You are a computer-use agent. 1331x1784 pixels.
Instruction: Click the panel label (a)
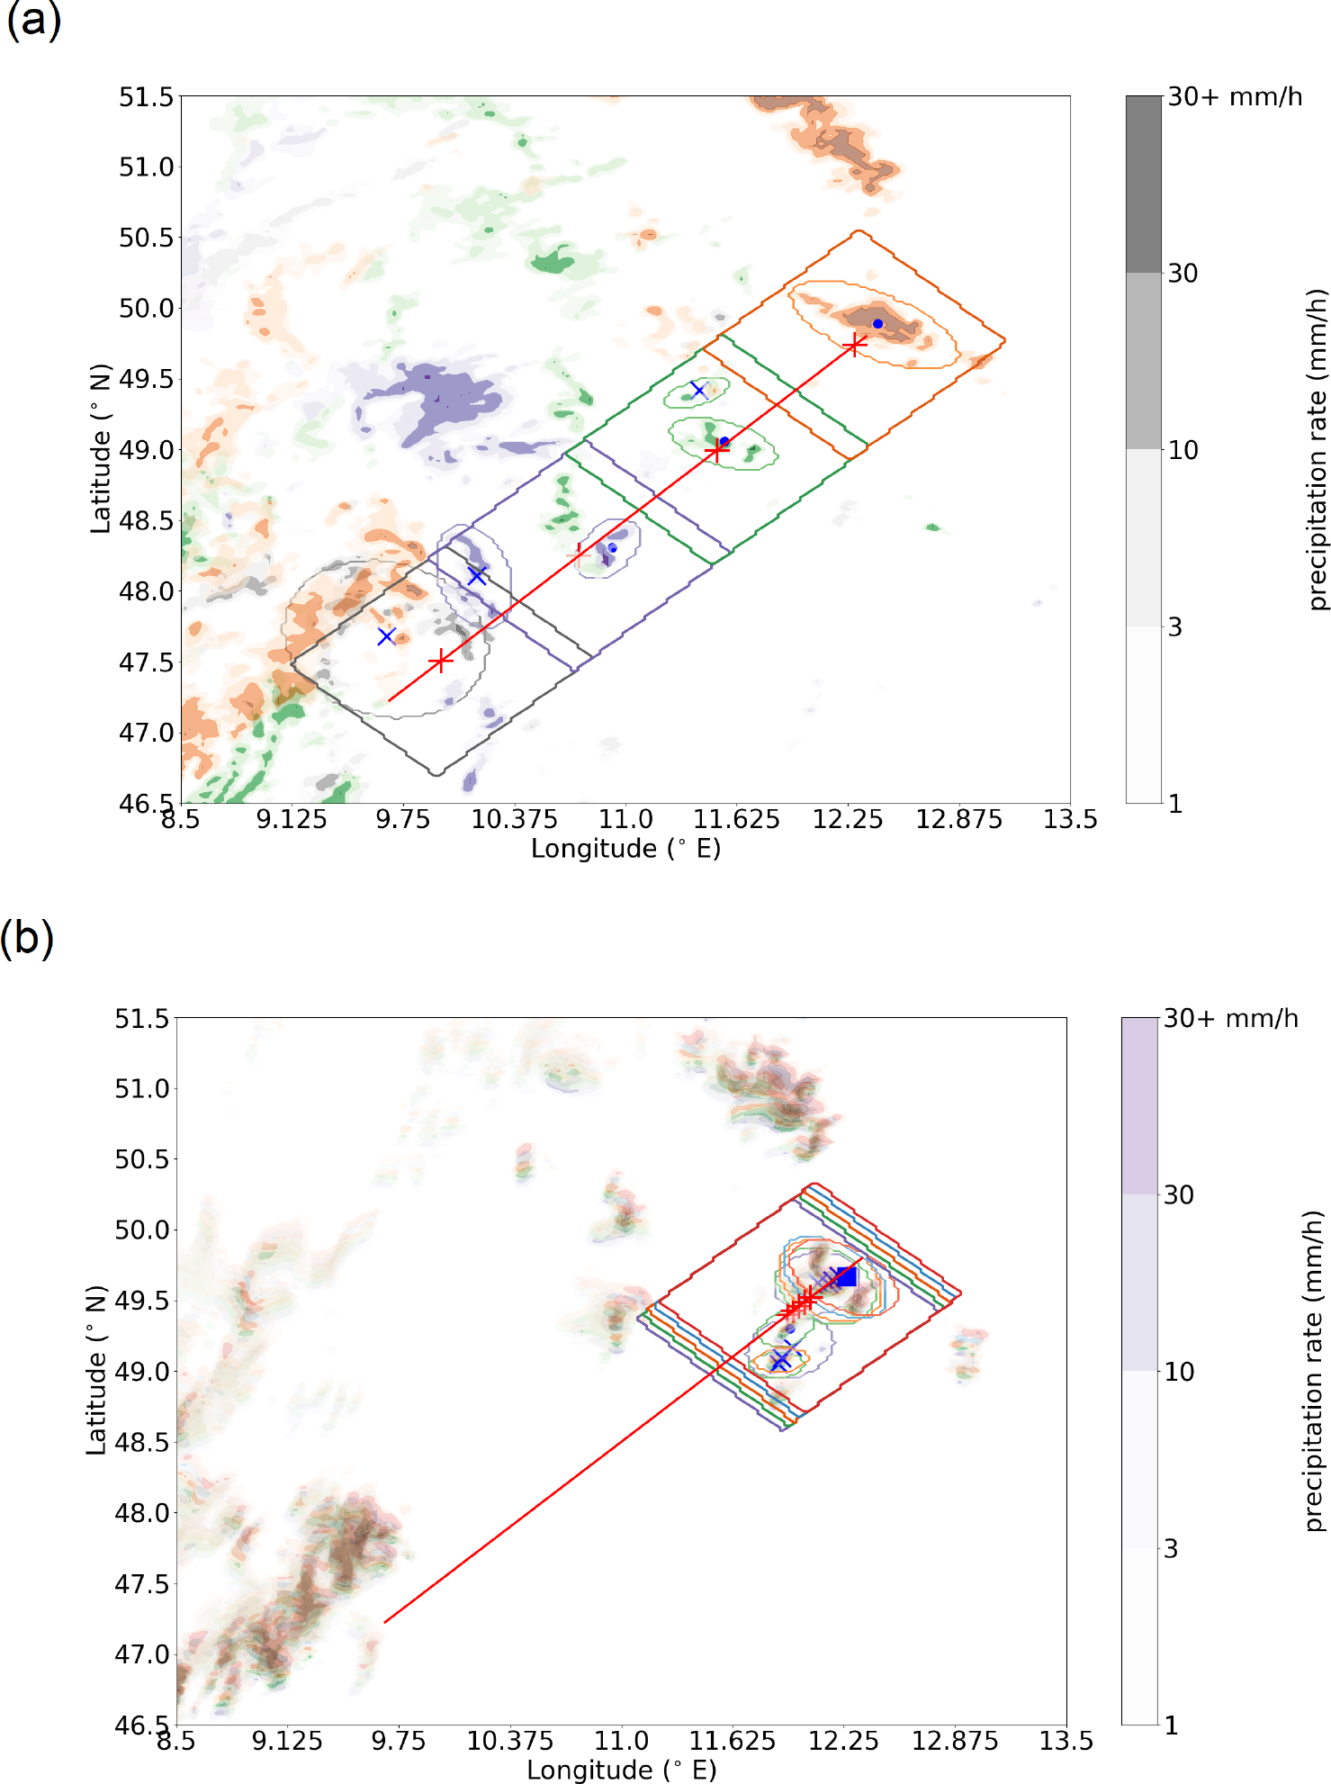33,20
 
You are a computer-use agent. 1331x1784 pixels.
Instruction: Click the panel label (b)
27,938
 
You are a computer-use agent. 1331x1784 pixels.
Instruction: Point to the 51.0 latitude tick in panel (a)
146,167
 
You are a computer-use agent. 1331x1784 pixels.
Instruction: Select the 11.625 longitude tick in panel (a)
736,819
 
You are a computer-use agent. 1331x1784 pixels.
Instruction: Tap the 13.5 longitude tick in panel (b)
1066,1741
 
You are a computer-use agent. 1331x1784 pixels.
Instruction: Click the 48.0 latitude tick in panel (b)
141,1513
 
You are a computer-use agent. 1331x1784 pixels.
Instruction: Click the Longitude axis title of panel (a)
625,849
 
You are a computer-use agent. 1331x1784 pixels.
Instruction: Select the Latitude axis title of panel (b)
96,1370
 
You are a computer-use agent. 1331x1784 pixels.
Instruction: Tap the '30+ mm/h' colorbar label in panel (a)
1235,97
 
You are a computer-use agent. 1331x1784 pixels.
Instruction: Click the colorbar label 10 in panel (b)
1179,1372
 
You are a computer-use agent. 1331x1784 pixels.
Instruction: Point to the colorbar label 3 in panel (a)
1174,627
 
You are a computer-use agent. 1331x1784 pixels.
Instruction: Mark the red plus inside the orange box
855,344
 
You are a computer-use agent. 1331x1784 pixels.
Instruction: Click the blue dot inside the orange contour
877,323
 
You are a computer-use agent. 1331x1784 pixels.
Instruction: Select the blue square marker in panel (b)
846,1276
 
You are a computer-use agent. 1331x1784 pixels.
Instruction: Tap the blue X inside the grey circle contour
387,636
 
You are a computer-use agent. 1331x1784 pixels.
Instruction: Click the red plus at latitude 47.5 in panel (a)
440,661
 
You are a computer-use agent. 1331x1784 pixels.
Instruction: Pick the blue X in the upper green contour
697,390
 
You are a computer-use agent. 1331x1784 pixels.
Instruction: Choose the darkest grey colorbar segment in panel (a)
1143,185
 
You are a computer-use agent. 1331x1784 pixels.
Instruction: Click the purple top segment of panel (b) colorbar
1138,1106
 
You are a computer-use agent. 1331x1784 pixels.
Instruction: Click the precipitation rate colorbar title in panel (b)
1315,1370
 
